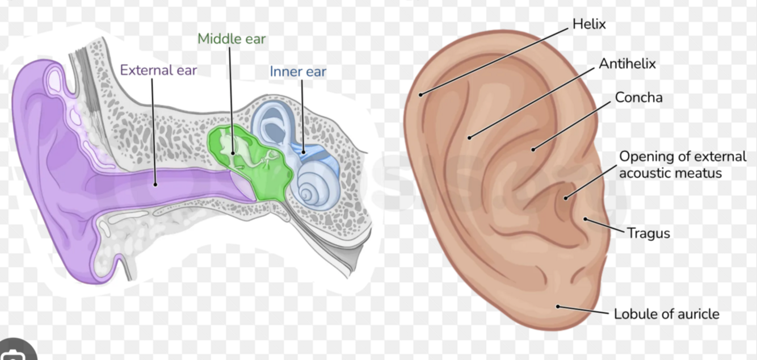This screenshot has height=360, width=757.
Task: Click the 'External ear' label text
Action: pos(158,70)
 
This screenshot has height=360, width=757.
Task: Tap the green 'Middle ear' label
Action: pos(232,39)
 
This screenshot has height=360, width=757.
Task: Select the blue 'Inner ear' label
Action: pos(298,72)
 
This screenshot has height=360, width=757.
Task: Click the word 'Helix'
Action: pos(589,24)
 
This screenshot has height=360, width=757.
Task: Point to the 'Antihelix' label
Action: pos(627,64)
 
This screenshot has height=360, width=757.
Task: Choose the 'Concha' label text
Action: pos(638,98)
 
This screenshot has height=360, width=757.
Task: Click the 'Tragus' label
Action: pos(648,233)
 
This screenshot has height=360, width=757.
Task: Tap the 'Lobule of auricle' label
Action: pos(666,313)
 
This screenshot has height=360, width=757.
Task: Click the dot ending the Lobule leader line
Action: pos(558,306)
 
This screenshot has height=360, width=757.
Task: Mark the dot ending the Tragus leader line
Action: pos(585,219)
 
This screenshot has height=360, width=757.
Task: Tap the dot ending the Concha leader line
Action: pos(533,149)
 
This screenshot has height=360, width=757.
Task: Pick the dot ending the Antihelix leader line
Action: pos(470,137)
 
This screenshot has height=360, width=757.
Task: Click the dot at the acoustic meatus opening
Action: pos(566,198)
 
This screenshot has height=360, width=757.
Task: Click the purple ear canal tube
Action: pos(170,183)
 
